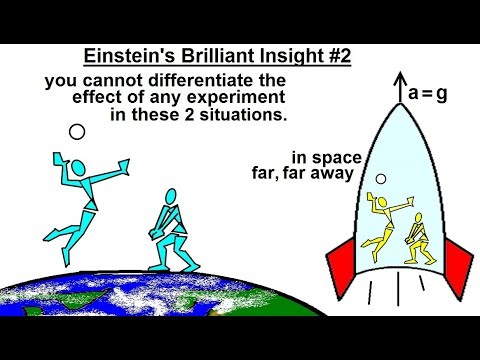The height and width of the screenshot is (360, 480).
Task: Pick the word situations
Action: tap(250, 116)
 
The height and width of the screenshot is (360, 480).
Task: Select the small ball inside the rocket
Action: tap(381, 179)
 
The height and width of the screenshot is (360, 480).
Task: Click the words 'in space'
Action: tap(315, 157)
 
